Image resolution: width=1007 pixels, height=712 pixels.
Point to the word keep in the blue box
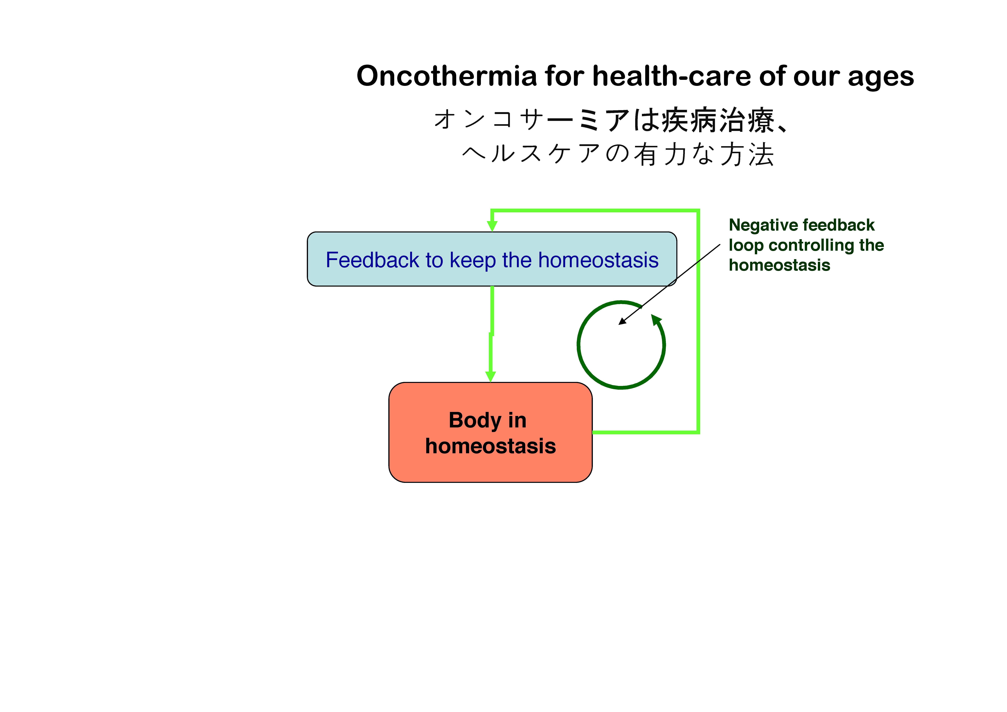click(473, 261)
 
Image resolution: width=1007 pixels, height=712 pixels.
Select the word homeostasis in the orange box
click(490, 446)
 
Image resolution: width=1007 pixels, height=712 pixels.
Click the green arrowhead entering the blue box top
click(492, 226)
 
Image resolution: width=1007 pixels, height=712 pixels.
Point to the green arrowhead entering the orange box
click(490, 376)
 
